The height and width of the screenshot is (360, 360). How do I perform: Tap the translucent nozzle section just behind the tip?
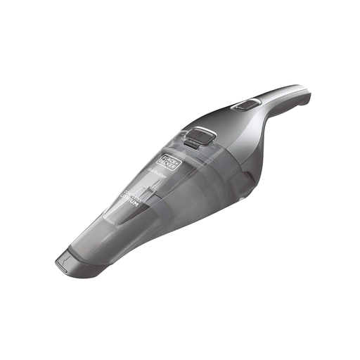coord(91,243)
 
